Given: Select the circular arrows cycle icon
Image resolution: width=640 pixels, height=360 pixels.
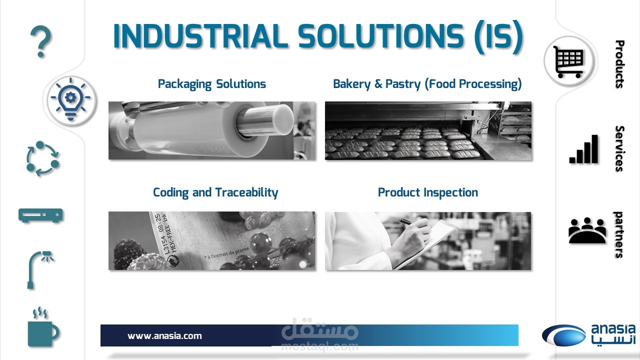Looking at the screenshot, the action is click(x=42, y=158).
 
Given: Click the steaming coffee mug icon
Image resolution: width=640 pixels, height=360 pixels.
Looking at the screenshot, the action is click(x=43, y=328).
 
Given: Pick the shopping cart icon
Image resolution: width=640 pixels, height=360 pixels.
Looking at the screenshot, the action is click(x=568, y=62).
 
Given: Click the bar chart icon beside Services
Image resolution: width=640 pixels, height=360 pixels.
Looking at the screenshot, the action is click(x=583, y=149).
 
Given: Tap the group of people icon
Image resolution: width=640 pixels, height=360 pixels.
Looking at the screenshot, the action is click(x=587, y=230).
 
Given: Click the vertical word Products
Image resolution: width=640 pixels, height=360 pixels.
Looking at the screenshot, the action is click(x=619, y=64).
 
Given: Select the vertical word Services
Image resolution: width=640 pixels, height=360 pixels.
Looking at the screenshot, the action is click(x=619, y=148).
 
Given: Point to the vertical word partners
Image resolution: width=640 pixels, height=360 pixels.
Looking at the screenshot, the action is click(x=619, y=235).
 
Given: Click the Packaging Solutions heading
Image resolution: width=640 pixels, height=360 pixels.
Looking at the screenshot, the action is click(x=211, y=84).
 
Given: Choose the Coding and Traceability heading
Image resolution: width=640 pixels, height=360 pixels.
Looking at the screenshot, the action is click(x=215, y=193).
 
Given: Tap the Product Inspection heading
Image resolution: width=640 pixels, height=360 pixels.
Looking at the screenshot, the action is click(x=427, y=193).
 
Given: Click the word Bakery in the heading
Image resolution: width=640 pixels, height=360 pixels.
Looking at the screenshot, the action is click(x=351, y=84).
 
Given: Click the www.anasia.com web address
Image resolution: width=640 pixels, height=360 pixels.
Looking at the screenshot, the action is click(x=164, y=335).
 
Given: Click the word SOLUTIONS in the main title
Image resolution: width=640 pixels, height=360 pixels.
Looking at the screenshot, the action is click(x=380, y=36).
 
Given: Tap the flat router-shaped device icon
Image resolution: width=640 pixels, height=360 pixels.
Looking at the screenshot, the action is click(x=40, y=215).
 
